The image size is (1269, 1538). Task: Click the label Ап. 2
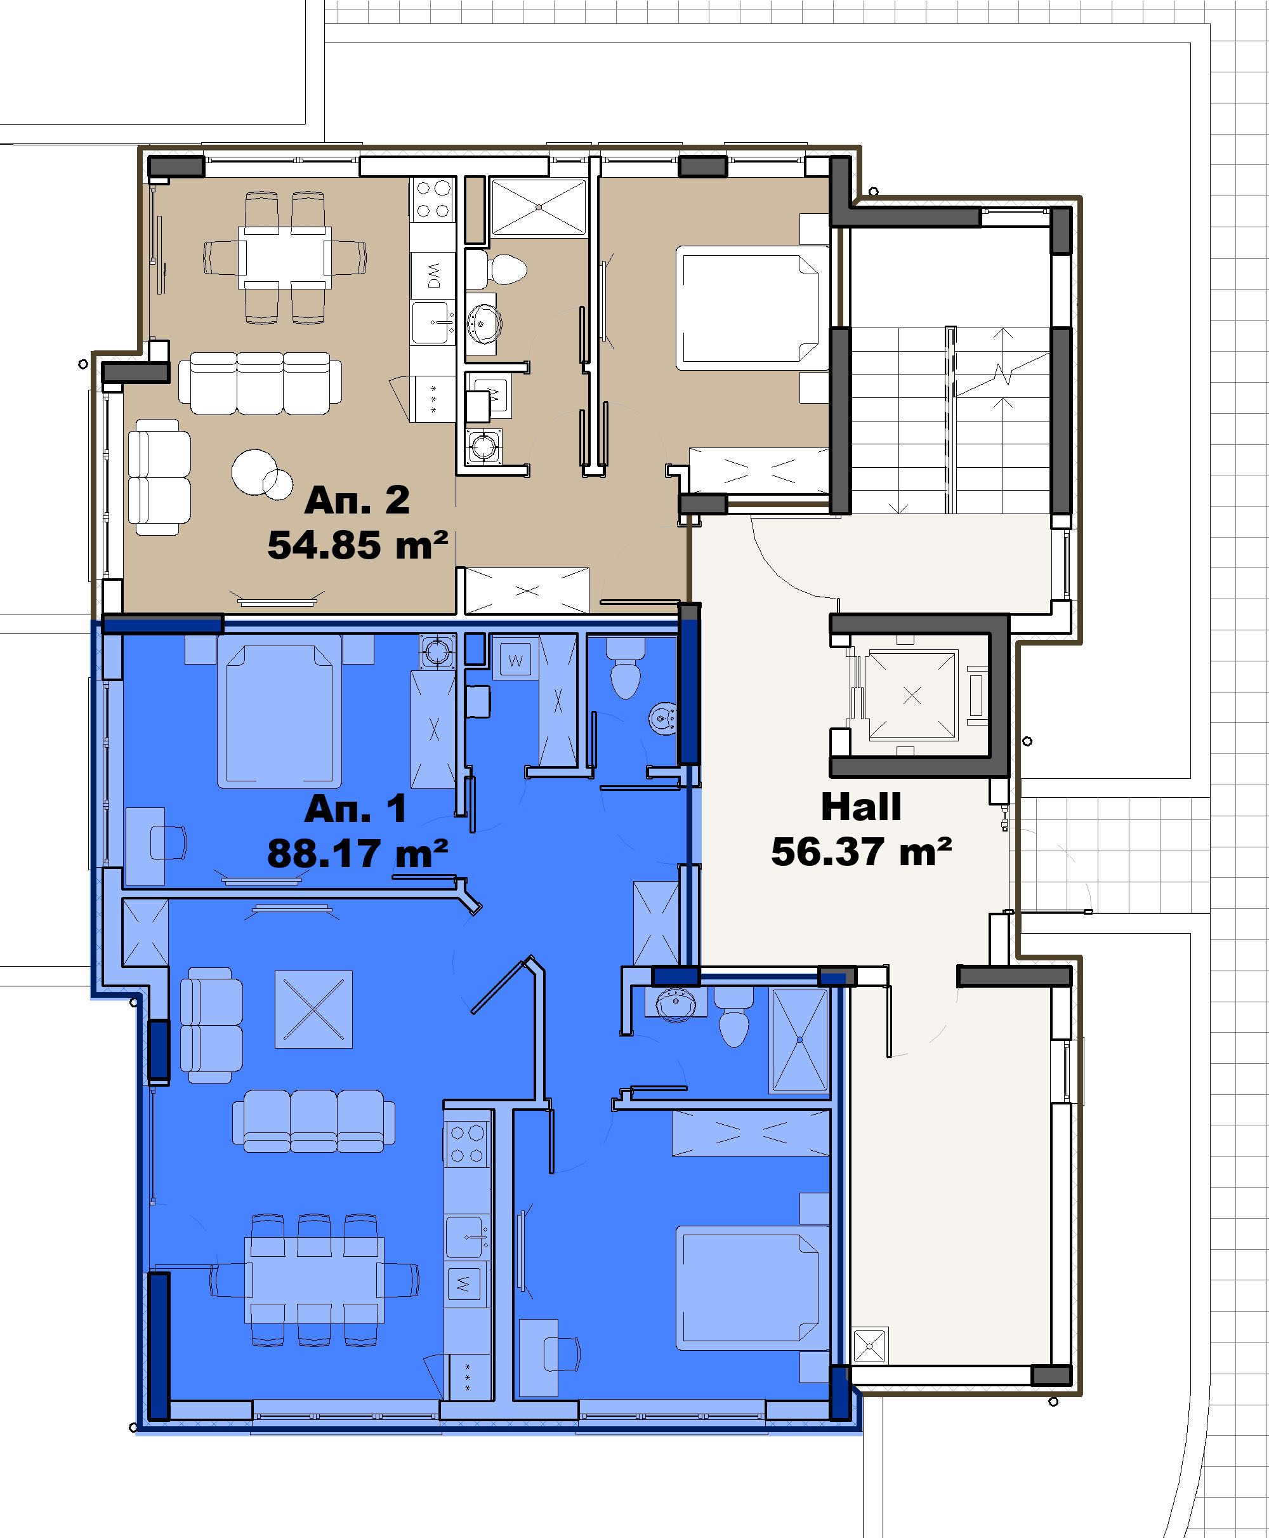coord(357,500)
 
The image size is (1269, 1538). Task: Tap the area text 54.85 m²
coord(357,546)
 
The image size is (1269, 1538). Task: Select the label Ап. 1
coord(355,809)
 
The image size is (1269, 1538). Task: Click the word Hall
coord(861,807)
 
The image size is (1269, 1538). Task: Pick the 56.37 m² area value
coord(861,852)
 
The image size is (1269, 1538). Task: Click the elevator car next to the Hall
coord(912,696)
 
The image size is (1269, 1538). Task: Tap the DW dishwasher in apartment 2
coord(433,275)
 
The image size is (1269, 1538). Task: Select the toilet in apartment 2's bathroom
coord(497,269)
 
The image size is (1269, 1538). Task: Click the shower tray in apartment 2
coord(539,208)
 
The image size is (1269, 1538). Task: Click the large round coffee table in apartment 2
coord(254,472)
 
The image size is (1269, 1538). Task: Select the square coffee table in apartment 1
coord(313,1009)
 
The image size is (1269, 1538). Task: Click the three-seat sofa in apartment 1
coord(313,1121)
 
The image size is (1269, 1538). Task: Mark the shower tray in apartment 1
coord(799,1041)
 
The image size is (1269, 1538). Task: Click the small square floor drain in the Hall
coord(870,1345)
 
